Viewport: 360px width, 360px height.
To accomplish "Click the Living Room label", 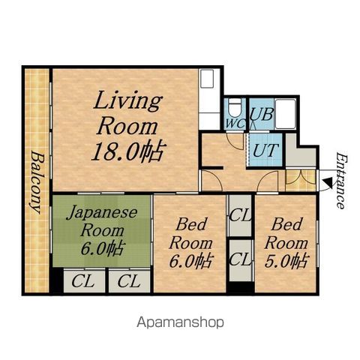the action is pos(127,112).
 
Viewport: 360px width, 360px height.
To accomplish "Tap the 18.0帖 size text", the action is pos(128,151).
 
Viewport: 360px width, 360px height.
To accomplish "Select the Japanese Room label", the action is pos(102,222).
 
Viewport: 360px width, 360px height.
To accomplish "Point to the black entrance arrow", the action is pos(328,183).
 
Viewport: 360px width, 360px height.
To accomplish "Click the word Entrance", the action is pos(341,181).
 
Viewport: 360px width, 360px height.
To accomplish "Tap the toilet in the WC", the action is pos(235,109).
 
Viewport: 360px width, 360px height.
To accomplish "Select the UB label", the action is pos(262,115).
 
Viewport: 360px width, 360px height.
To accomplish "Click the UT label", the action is pos(265,150).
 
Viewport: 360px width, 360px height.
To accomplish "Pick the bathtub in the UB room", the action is pos(285,114).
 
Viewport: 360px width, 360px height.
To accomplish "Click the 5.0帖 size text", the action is pos(286,261).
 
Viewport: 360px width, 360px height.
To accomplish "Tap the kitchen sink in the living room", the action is pos(207,79).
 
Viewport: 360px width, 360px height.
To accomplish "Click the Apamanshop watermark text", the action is pos(180,322).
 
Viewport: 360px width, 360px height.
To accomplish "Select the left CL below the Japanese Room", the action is pos(82,281).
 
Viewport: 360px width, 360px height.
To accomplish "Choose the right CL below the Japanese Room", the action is pos(129,281).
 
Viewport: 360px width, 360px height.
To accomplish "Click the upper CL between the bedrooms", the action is pos(240,215).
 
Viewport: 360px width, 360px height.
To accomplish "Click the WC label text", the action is pos(235,124).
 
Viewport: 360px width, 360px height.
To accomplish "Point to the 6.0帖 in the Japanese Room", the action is pos(102,248).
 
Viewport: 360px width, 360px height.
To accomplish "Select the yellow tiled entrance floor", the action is pos(301,181).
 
